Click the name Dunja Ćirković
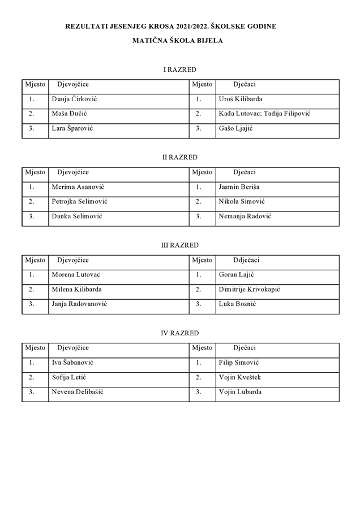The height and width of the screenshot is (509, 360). pyautogui.click(x=74, y=99)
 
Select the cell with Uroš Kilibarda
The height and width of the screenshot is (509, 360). pyautogui.click(x=240, y=99)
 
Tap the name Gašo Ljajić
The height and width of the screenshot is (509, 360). pyautogui.click(x=235, y=128)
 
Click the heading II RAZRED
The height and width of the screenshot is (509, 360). pyautogui.click(x=180, y=157)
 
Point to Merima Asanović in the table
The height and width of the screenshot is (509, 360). pyautogui.click(x=78, y=187)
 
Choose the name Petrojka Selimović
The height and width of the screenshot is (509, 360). pyautogui.click(x=79, y=201)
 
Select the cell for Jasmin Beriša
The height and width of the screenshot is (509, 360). pyautogui.click(x=239, y=187)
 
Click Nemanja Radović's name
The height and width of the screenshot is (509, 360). pyautogui.click(x=245, y=216)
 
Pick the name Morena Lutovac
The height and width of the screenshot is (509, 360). pyautogui.click(x=76, y=275)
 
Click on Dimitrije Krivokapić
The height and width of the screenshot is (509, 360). pyautogui.click(x=249, y=290)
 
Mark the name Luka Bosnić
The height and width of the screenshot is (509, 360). pyautogui.click(x=237, y=304)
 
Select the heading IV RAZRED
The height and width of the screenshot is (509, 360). pyautogui.click(x=180, y=333)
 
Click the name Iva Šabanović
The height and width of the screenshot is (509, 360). pyautogui.click(x=72, y=363)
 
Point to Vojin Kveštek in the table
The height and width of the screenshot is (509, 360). pyautogui.click(x=239, y=377)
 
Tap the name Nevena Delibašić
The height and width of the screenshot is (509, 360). pyautogui.click(x=77, y=392)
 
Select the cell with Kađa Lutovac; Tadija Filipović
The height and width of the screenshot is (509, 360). pyautogui.click(x=264, y=114)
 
